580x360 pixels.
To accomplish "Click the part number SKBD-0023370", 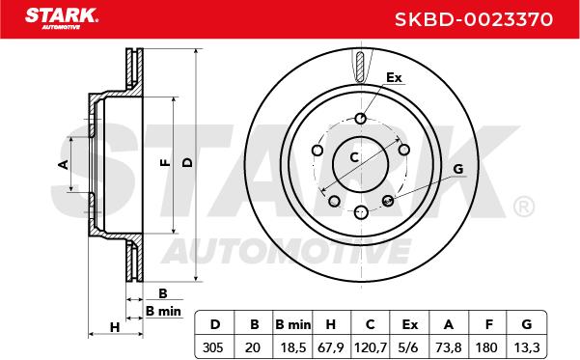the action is (x=474, y=19).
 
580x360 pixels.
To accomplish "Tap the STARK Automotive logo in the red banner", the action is (x=62, y=18).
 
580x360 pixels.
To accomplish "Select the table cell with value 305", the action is (x=213, y=347).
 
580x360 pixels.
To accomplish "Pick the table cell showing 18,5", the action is (x=292, y=347).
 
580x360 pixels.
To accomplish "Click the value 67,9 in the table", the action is (x=331, y=347).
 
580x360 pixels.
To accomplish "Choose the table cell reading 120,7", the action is (x=371, y=347).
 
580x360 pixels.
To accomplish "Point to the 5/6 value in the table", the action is (x=409, y=347).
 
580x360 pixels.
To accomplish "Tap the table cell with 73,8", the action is (x=449, y=347).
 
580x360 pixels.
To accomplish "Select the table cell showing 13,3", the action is (x=527, y=347).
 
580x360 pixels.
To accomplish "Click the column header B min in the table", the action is (x=293, y=324).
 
